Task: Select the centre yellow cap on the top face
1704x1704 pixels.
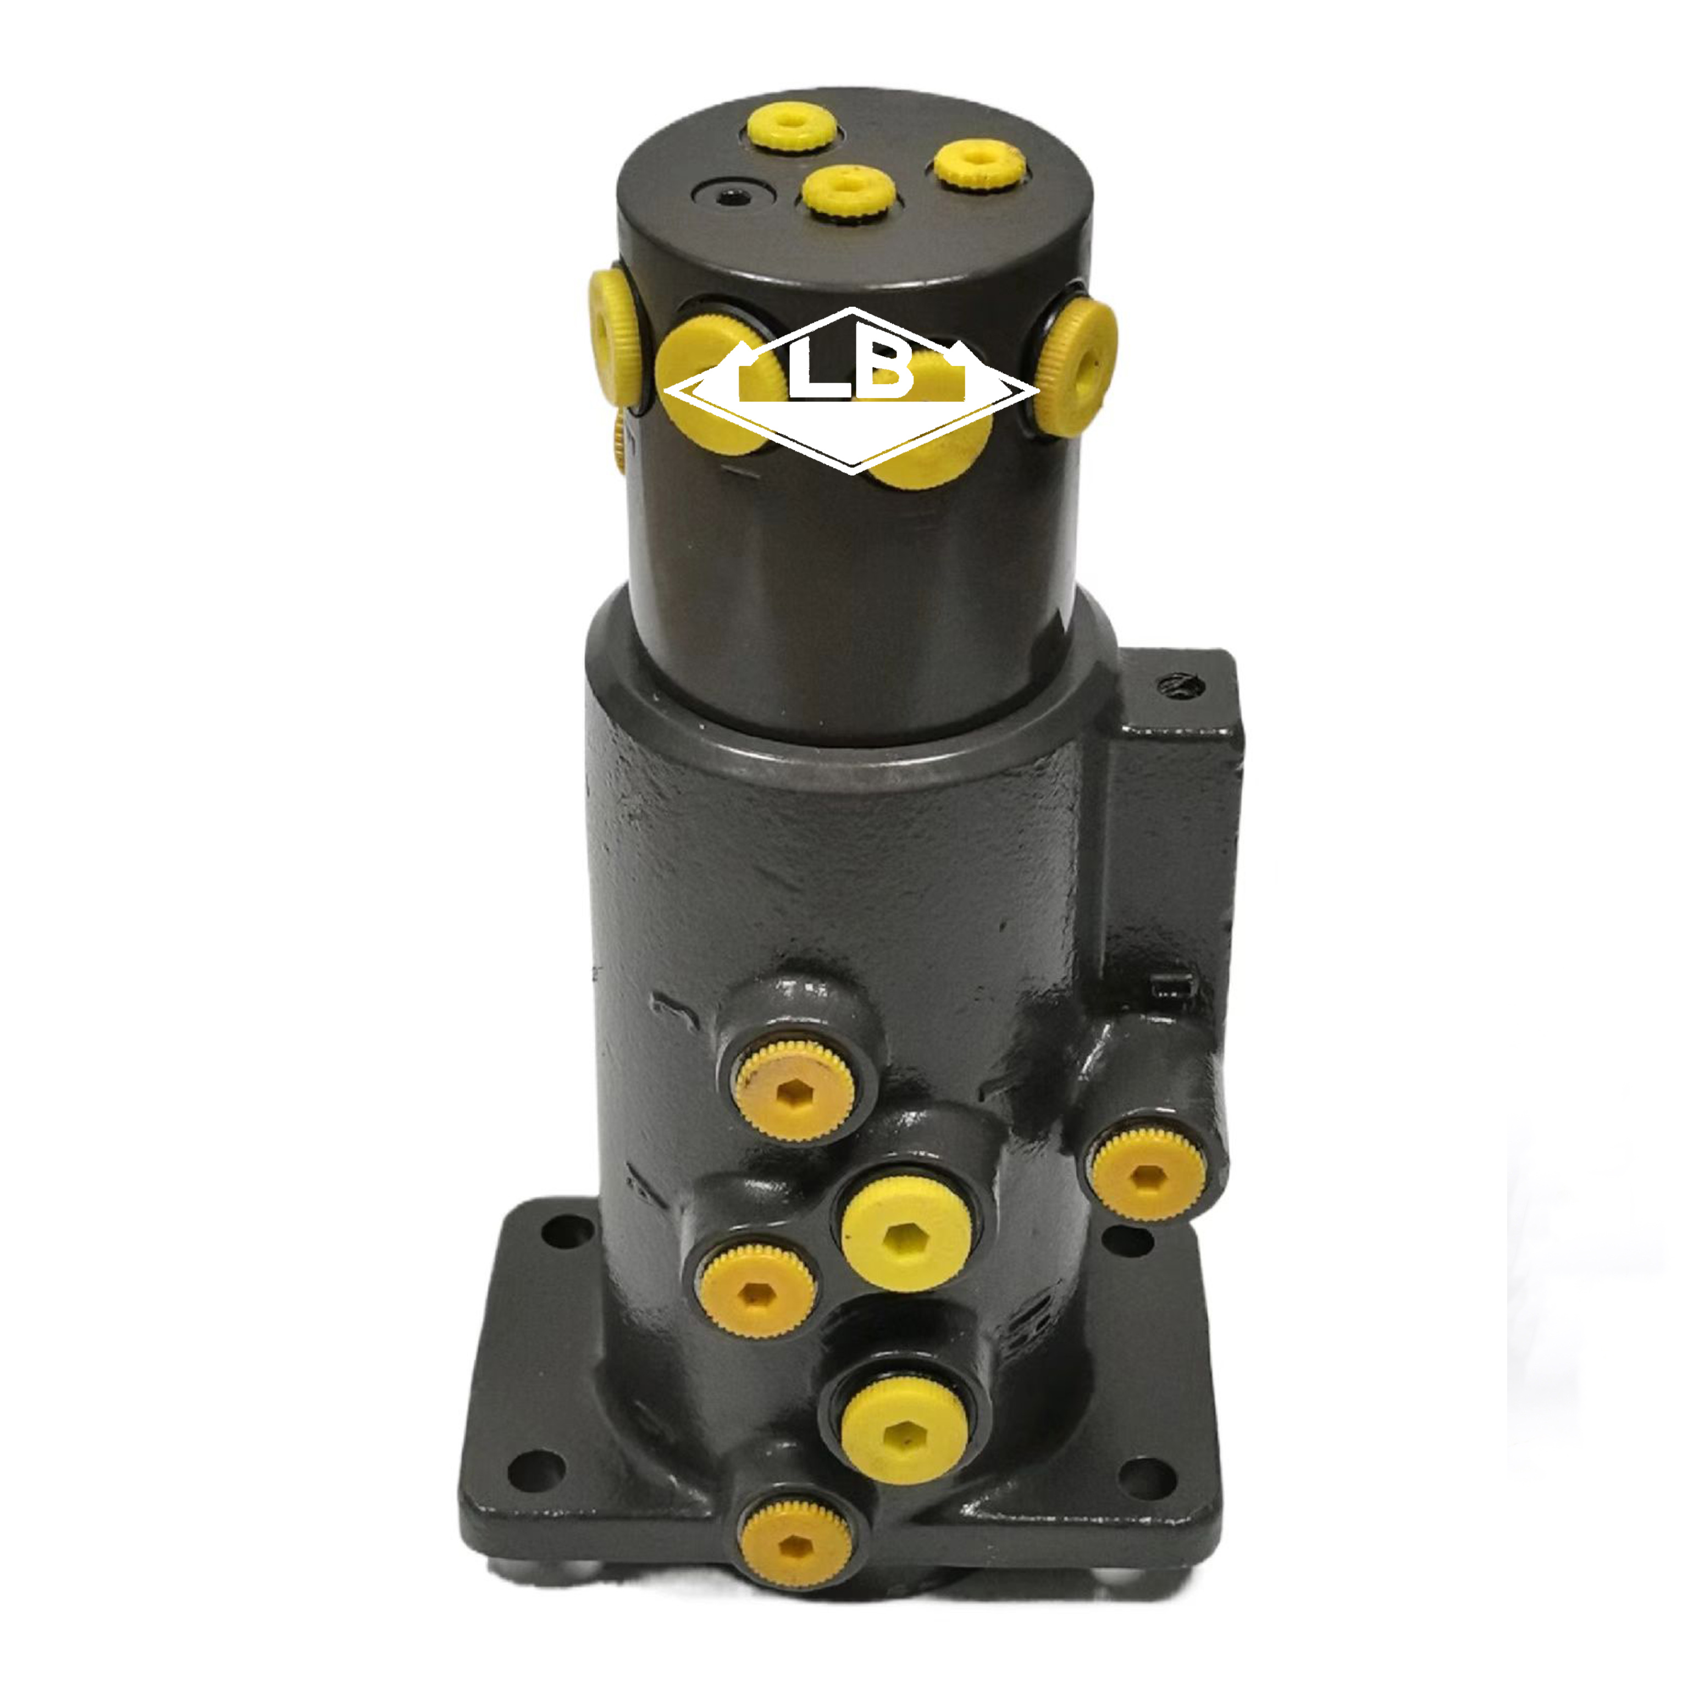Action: [849, 192]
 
